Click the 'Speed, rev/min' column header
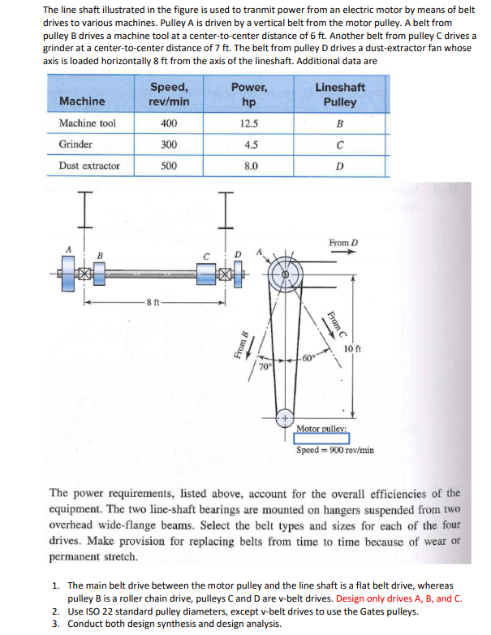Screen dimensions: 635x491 pos(169,94)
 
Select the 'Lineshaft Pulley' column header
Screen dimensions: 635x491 pos(339,94)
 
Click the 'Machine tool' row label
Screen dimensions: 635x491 pos(88,123)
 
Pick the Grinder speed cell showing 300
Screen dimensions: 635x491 pos(169,145)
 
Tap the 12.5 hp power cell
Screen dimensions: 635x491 pos(250,123)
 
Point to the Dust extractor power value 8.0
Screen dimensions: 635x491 pos(250,166)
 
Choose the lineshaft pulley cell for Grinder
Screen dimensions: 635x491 pos(339,145)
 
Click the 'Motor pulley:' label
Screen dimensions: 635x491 pos(321,428)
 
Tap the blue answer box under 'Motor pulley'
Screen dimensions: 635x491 pos(321,438)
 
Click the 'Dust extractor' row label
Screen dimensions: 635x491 pos(90,166)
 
